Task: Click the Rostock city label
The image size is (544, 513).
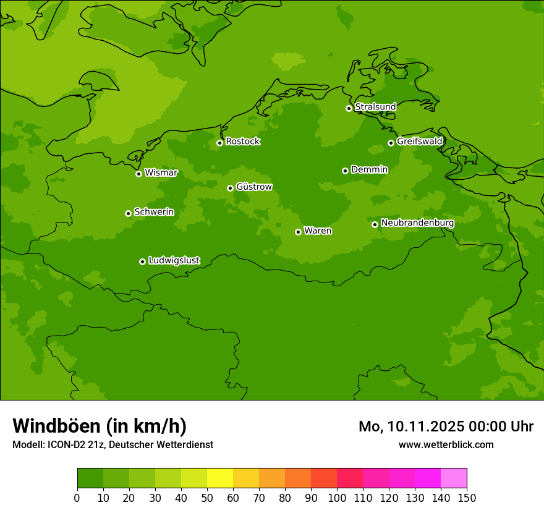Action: tap(242, 142)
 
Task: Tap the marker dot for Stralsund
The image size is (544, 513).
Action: tap(349, 108)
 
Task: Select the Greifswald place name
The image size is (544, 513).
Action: tap(419, 142)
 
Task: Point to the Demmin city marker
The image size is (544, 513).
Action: tap(345, 171)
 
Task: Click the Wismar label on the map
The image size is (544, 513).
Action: tap(161, 173)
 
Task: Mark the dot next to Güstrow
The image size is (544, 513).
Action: tap(230, 188)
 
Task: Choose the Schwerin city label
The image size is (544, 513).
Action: tap(154, 212)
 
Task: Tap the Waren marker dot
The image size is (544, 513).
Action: tap(298, 232)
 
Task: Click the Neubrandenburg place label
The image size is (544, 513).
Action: tap(417, 223)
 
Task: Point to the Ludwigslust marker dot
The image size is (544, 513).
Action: tap(142, 261)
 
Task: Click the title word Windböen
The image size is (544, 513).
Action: tap(56, 426)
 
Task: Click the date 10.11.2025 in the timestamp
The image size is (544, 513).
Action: tap(427, 426)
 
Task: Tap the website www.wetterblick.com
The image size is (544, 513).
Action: tap(446, 444)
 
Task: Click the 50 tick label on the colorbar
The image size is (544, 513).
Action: tap(207, 498)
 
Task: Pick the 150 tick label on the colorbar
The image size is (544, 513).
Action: tap(467, 498)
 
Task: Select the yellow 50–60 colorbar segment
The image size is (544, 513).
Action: tap(220, 478)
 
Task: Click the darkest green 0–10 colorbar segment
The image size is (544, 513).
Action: tap(90, 478)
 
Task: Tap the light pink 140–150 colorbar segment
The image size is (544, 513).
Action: tap(454, 478)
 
